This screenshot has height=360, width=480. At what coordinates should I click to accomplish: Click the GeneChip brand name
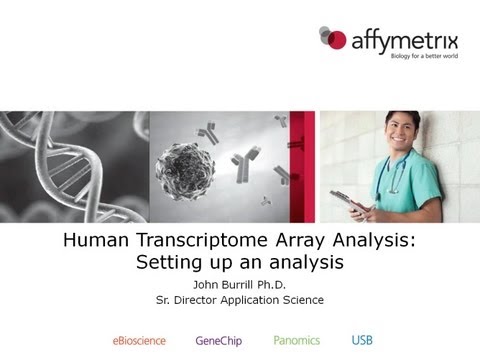point(223,340)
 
